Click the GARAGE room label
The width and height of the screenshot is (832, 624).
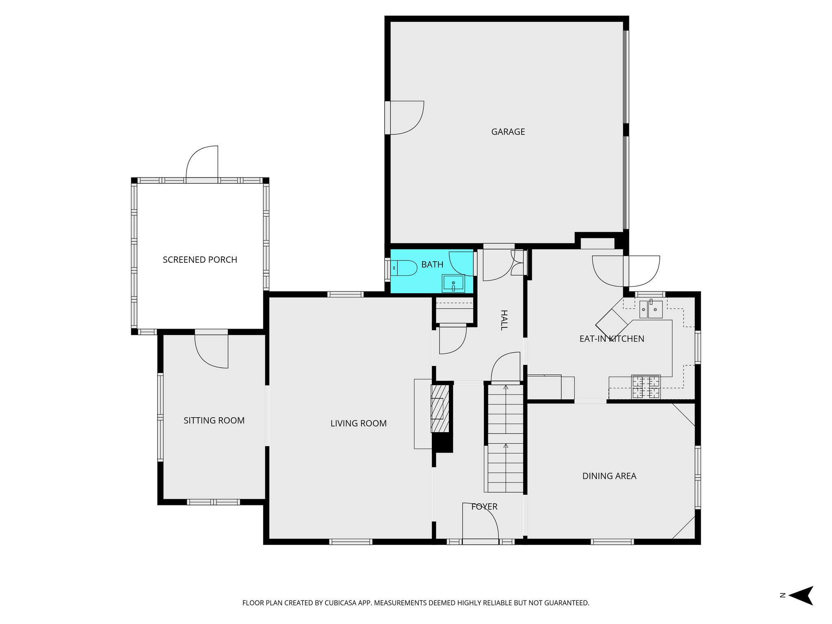tap(508, 132)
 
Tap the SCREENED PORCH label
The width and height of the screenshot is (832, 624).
tap(200, 260)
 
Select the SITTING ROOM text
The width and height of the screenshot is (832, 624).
tap(214, 420)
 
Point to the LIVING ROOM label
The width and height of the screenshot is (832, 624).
tap(358, 423)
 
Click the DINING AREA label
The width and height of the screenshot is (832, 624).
tap(609, 476)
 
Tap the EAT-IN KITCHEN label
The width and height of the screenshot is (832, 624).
tap(611, 339)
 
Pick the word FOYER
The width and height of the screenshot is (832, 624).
tap(484, 507)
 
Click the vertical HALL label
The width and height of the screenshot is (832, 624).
tap(504, 320)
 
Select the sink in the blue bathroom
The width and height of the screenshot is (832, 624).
tap(453, 283)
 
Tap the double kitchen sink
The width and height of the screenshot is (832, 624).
tap(651, 310)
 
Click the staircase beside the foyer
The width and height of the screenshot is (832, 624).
tap(505, 439)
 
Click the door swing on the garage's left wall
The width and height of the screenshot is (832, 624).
tap(406, 117)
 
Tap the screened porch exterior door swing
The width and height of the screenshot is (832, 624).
tap(202, 162)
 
